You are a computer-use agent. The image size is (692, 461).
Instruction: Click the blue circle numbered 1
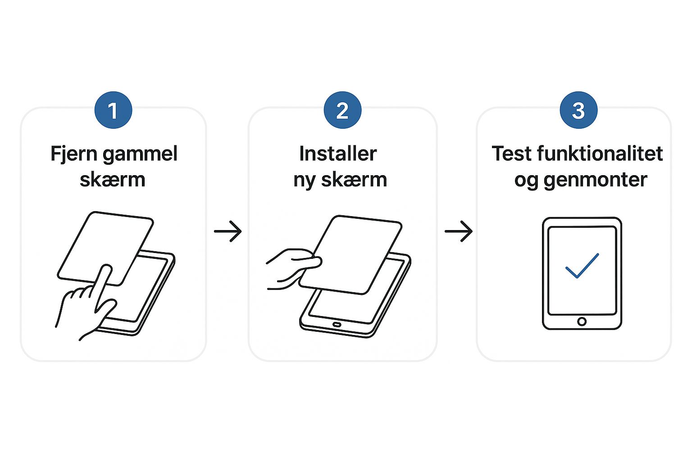113,110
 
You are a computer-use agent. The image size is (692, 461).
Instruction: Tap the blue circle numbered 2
342,110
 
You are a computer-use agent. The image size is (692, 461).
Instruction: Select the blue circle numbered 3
578,110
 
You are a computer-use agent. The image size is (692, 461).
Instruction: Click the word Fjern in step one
73,154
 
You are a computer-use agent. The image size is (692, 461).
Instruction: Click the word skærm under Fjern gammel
113,180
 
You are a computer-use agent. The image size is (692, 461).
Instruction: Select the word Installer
338,154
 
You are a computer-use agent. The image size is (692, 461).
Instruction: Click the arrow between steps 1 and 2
228,231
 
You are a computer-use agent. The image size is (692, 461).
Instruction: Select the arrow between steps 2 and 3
459,231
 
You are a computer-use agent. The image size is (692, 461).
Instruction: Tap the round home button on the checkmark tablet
582,321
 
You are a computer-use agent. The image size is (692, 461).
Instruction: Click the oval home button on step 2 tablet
337,325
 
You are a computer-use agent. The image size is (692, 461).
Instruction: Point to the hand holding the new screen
291,268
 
